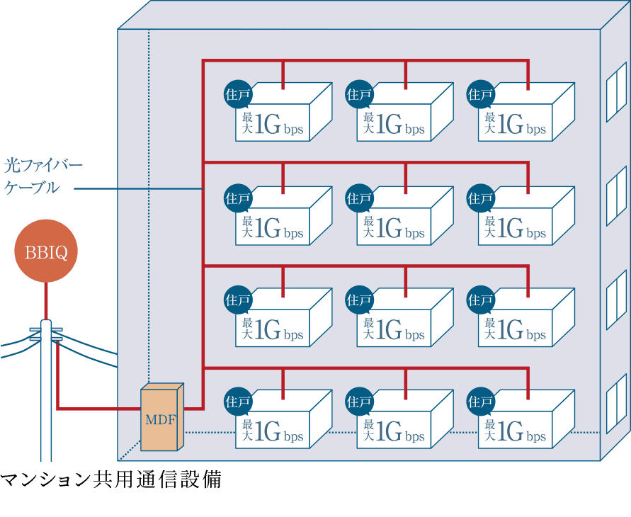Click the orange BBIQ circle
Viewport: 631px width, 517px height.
pos(46,251)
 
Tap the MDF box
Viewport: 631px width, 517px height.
pos(162,418)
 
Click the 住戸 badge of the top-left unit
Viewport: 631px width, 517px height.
pos(237,94)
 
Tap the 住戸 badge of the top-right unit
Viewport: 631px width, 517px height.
pos(481,94)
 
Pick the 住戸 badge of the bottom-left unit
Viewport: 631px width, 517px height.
pos(237,402)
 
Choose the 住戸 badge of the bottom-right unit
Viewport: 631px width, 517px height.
pos(481,402)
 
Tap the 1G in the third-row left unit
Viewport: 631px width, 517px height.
pos(268,330)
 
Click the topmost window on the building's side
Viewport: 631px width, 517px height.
pos(616,88)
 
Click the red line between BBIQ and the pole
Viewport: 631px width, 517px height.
pos(46,300)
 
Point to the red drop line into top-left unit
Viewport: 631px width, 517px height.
pos(283,75)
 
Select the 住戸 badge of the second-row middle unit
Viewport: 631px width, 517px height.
pos(359,198)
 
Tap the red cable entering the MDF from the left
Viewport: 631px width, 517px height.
pos(99,409)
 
